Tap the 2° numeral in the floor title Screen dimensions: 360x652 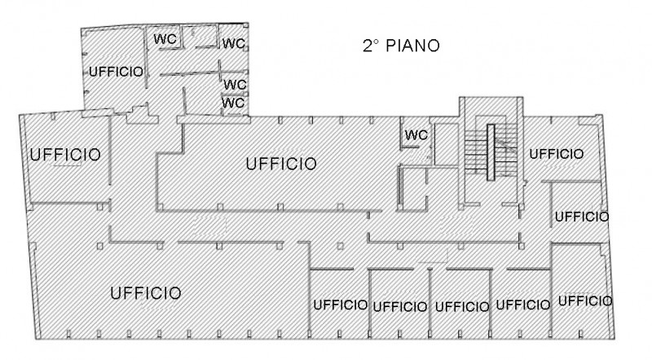tap(372, 46)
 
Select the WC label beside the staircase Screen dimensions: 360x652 tap(416, 134)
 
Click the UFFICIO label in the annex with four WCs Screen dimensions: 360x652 tap(115, 72)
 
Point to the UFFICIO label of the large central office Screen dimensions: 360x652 tap(280, 165)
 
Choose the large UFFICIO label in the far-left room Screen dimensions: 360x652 tap(64, 154)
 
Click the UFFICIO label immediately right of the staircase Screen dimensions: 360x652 tap(556, 153)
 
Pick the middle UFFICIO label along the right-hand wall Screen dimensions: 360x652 tap(581, 217)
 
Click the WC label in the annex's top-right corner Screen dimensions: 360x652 tap(235, 43)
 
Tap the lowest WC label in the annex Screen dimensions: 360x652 tap(234, 103)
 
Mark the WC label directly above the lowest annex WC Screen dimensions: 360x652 tap(235, 84)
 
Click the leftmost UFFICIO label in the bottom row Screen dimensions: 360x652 tap(340, 305)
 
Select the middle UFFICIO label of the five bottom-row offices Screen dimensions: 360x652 tap(461, 307)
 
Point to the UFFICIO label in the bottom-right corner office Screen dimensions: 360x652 tap(584, 301)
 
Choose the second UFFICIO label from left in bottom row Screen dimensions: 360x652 tap(399, 307)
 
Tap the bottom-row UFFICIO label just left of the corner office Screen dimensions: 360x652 tap(522, 305)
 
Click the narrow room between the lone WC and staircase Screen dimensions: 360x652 tap(445, 145)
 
